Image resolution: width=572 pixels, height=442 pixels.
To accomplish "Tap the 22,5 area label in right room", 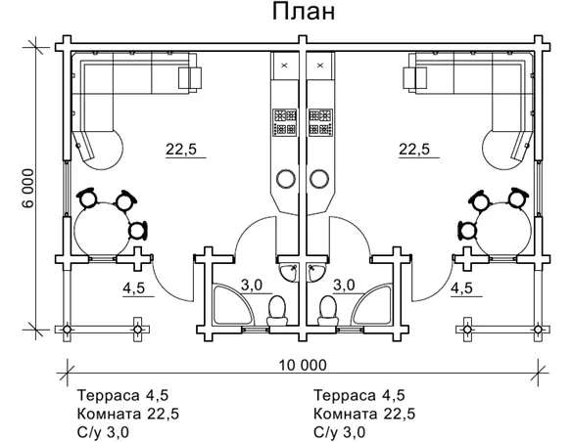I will [415, 150].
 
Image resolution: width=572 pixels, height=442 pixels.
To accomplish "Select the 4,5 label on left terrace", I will [134, 288].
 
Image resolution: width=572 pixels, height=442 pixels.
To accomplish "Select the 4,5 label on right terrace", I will [461, 288].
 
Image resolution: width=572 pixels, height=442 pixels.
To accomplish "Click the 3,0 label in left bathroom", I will [251, 285].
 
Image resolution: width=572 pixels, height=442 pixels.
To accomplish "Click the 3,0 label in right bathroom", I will [344, 285].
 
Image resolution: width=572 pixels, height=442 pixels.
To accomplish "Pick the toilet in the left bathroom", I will [277, 311].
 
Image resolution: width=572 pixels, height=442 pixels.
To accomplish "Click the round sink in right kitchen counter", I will [319, 178].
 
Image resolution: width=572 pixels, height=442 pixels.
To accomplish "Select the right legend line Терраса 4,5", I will [360, 396].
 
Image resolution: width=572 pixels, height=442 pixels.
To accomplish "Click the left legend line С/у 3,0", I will [101, 431].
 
